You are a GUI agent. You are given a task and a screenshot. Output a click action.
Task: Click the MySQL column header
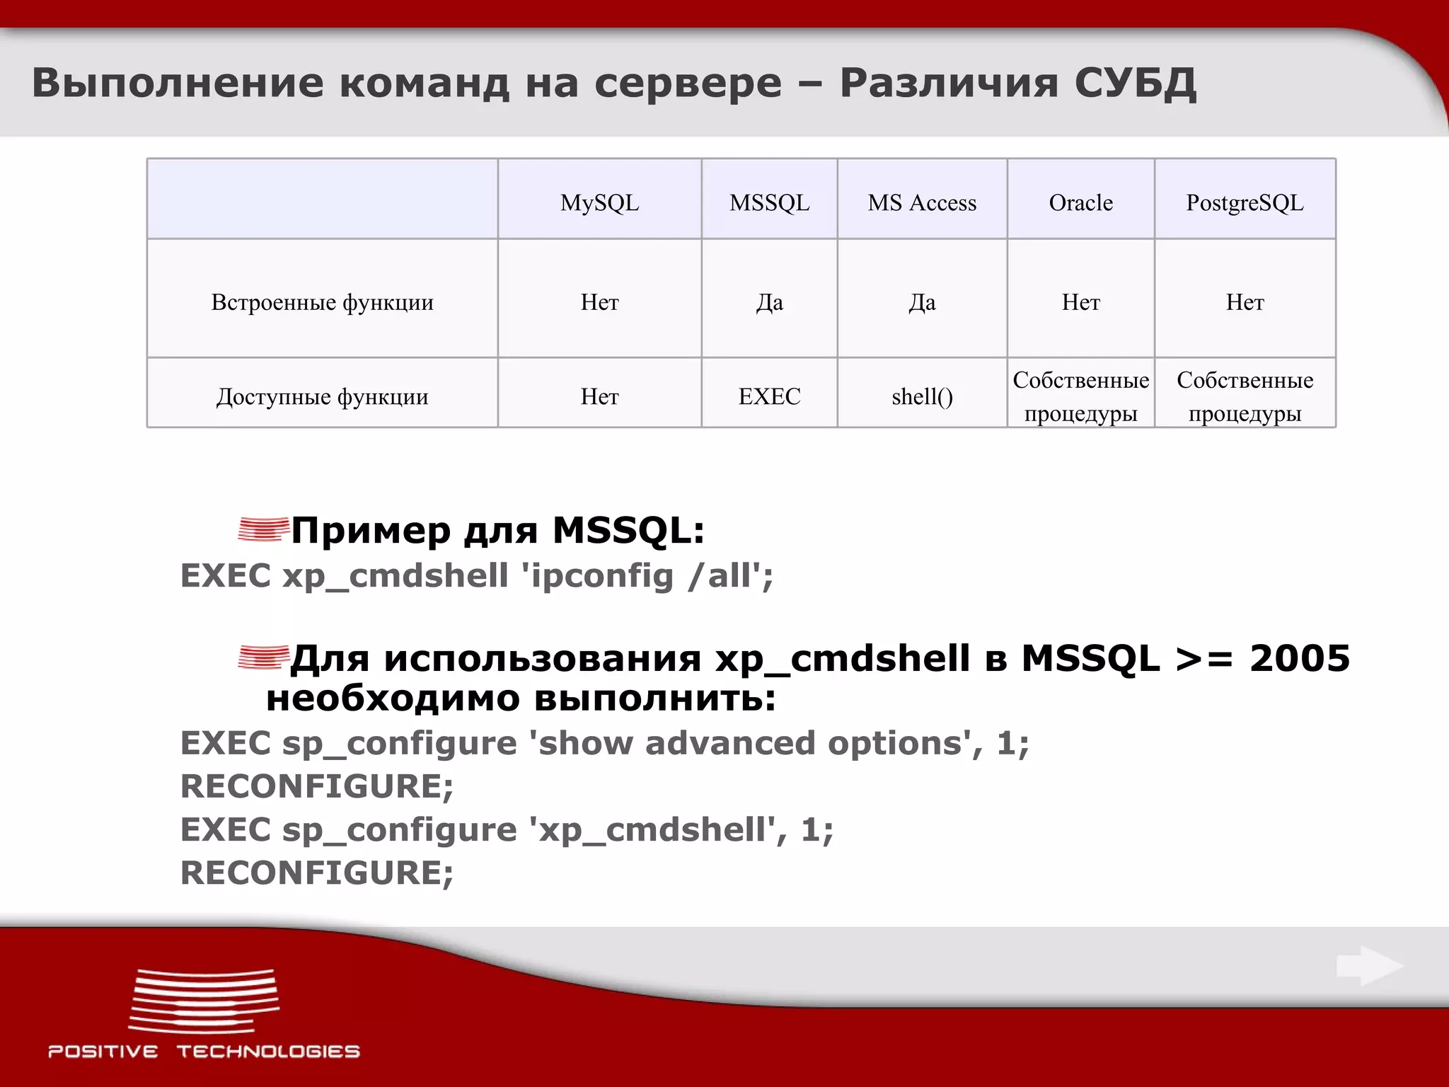[x=599, y=203]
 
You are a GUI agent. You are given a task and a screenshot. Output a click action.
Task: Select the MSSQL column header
[x=769, y=203]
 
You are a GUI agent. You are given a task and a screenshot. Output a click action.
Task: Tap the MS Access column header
[x=922, y=203]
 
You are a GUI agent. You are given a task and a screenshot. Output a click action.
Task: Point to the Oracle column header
[x=1080, y=203]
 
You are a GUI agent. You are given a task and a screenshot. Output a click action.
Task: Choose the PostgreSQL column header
[x=1245, y=203]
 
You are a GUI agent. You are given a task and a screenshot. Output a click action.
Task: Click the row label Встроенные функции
[x=322, y=302]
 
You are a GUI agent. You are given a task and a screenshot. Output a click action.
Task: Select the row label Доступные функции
[x=322, y=396]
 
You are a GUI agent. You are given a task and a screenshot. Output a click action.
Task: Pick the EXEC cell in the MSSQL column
[x=769, y=396]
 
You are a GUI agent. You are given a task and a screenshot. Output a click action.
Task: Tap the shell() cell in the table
[x=922, y=396]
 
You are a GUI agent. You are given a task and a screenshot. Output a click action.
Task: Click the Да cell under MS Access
[x=922, y=302]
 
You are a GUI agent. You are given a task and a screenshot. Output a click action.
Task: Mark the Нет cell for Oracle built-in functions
[x=1080, y=302]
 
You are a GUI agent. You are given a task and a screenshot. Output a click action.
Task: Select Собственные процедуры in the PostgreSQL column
[x=1245, y=396]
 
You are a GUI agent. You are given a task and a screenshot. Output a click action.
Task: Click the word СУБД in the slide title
[x=1135, y=84]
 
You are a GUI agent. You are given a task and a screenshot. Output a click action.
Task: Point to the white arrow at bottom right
[x=1369, y=966]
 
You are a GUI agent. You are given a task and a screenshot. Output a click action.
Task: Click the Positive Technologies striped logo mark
[x=204, y=1001]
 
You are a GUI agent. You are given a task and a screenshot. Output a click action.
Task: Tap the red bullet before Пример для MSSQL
[x=263, y=529]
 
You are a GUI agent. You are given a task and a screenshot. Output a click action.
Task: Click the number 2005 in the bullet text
[x=1299, y=658]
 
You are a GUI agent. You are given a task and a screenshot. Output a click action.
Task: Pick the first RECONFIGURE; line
[x=316, y=786]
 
